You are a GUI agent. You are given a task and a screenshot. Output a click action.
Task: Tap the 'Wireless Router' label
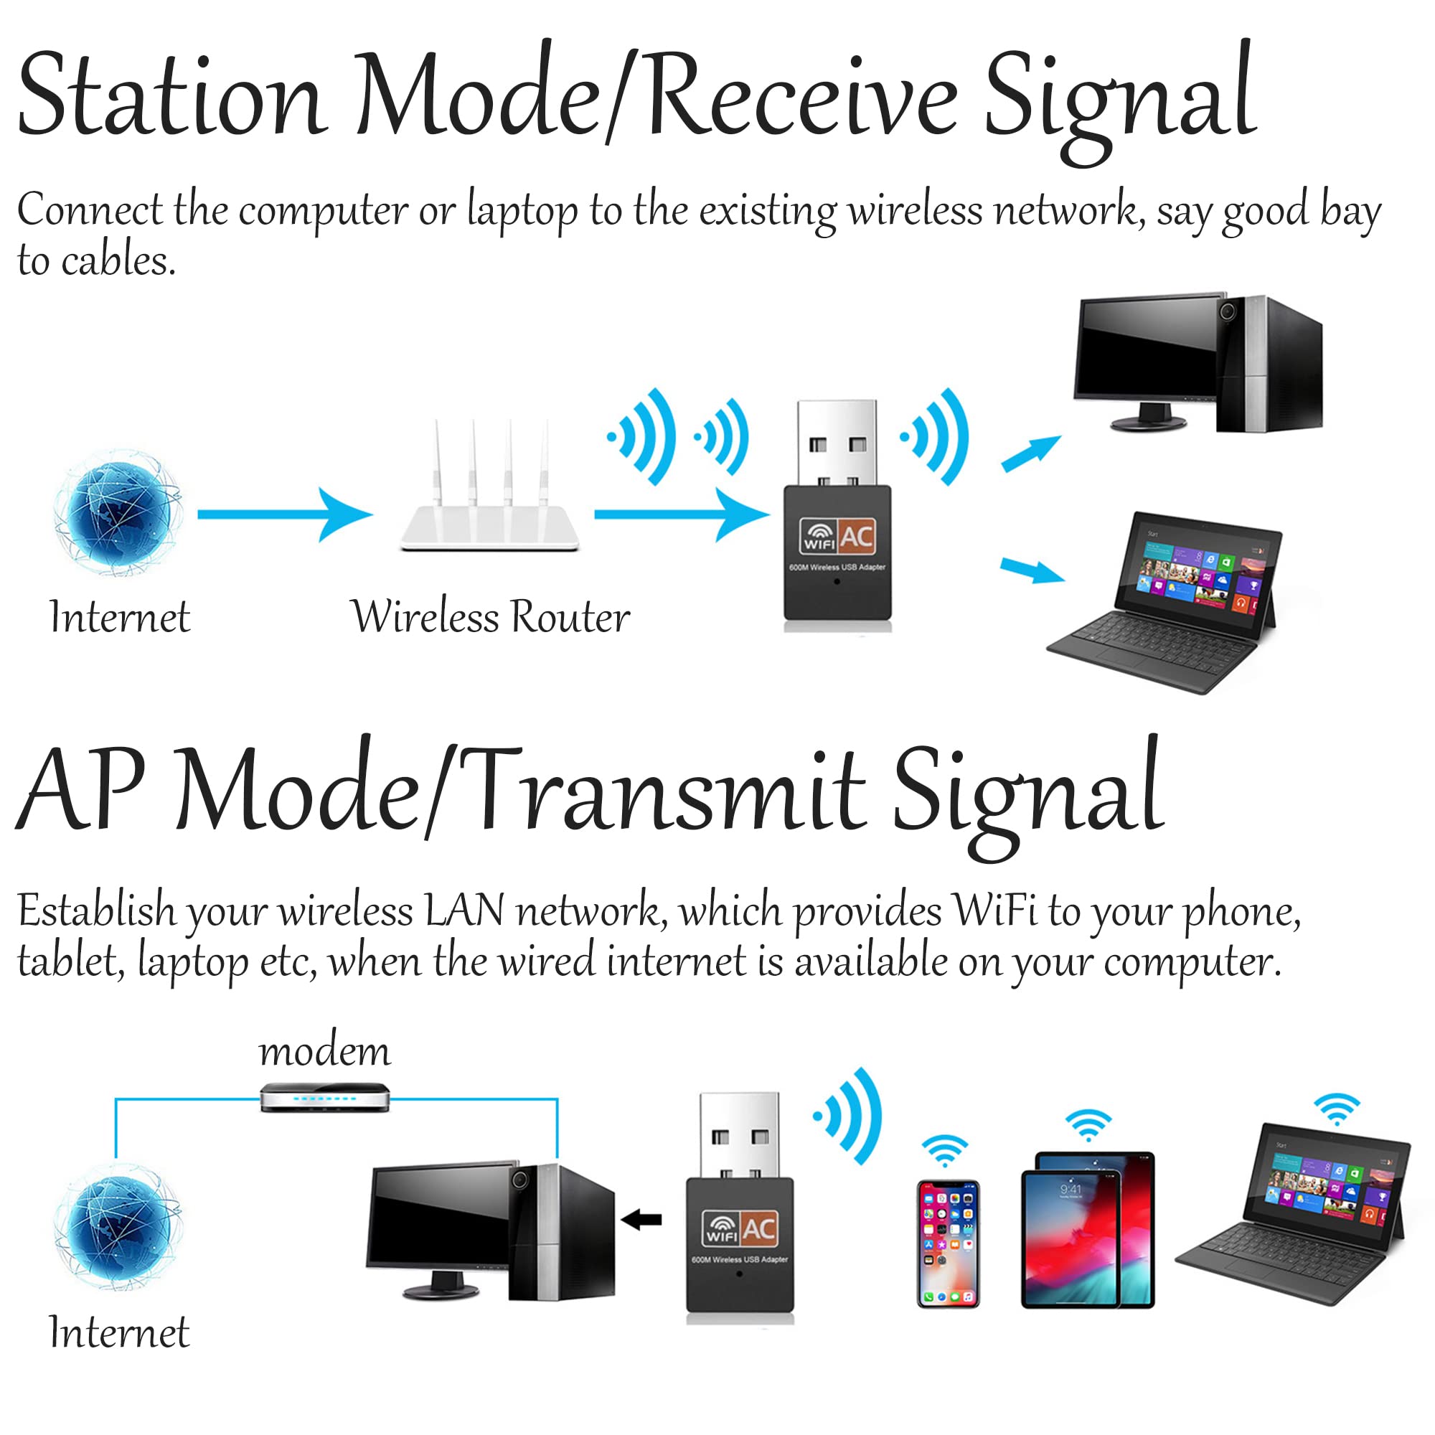pyautogui.click(x=490, y=616)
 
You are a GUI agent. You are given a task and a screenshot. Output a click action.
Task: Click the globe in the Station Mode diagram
pyautogui.click(x=119, y=512)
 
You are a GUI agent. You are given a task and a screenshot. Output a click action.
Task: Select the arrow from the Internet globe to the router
pyautogui.click(x=284, y=514)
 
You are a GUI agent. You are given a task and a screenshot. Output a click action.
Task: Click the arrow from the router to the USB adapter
pyautogui.click(x=682, y=514)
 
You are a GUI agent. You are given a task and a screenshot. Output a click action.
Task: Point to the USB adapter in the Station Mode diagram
pyautogui.click(x=838, y=515)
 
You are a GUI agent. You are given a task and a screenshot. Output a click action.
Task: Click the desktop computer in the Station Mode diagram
pyautogui.click(x=1198, y=362)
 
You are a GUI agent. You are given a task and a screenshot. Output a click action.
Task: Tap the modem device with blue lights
pyautogui.click(x=324, y=1097)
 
